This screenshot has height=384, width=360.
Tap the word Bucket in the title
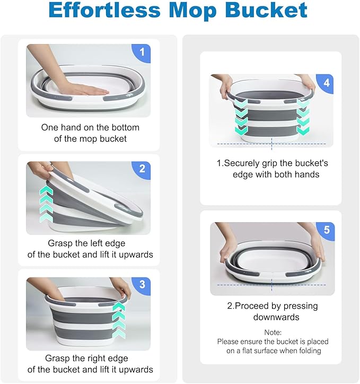(x=267, y=11)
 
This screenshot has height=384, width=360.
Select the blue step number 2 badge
(x=141, y=169)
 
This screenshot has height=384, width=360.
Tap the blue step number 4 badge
(x=326, y=83)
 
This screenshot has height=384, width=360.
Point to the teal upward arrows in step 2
(x=47, y=204)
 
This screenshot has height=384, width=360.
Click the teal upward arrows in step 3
(x=119, y=320)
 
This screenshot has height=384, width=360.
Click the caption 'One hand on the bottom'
(x=90, y=127)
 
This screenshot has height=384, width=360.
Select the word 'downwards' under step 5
(x=270, y=317)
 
